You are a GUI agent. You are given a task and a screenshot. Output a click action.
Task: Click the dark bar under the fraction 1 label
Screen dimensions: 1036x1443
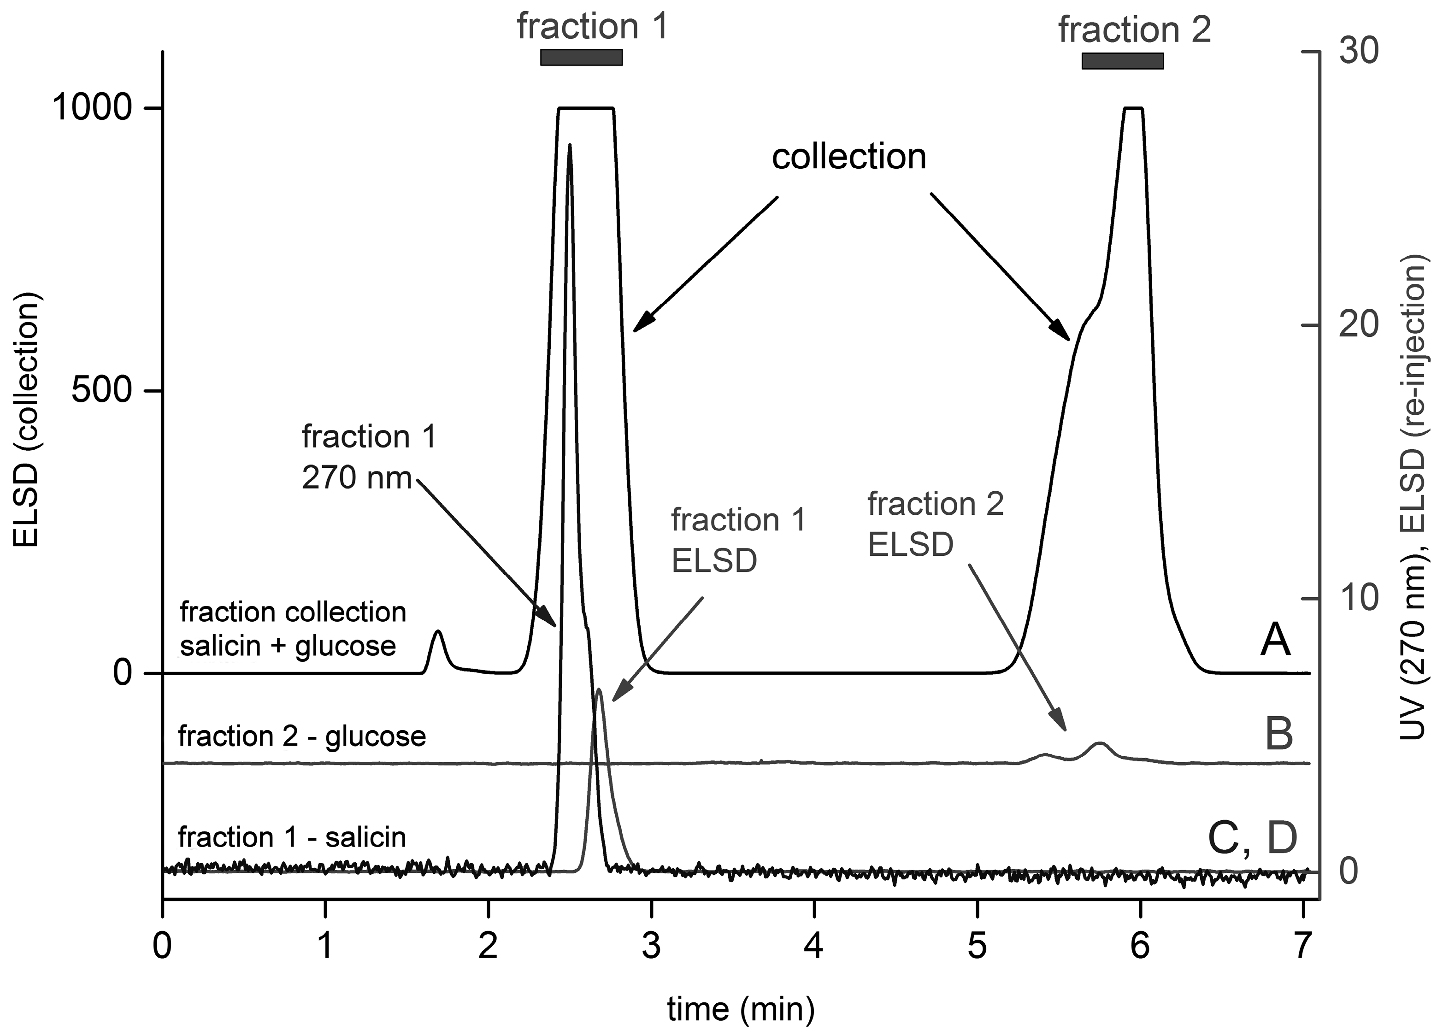[x=581, y=57]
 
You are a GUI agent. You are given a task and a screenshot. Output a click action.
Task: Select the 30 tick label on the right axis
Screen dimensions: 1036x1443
[x=1358, y=52]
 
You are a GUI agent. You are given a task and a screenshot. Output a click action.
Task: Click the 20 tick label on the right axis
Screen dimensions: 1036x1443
[x=1358, y=325]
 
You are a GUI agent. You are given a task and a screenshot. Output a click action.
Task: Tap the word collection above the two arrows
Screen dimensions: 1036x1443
[x=849, y=157]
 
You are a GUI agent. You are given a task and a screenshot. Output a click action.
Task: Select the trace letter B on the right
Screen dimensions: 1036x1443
[x=1279, y=734]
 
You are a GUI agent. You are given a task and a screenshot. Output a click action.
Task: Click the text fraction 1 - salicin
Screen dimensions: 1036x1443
[x=292, y=837]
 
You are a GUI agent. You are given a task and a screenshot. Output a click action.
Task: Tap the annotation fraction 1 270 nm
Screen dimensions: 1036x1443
[x=369, y=457]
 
